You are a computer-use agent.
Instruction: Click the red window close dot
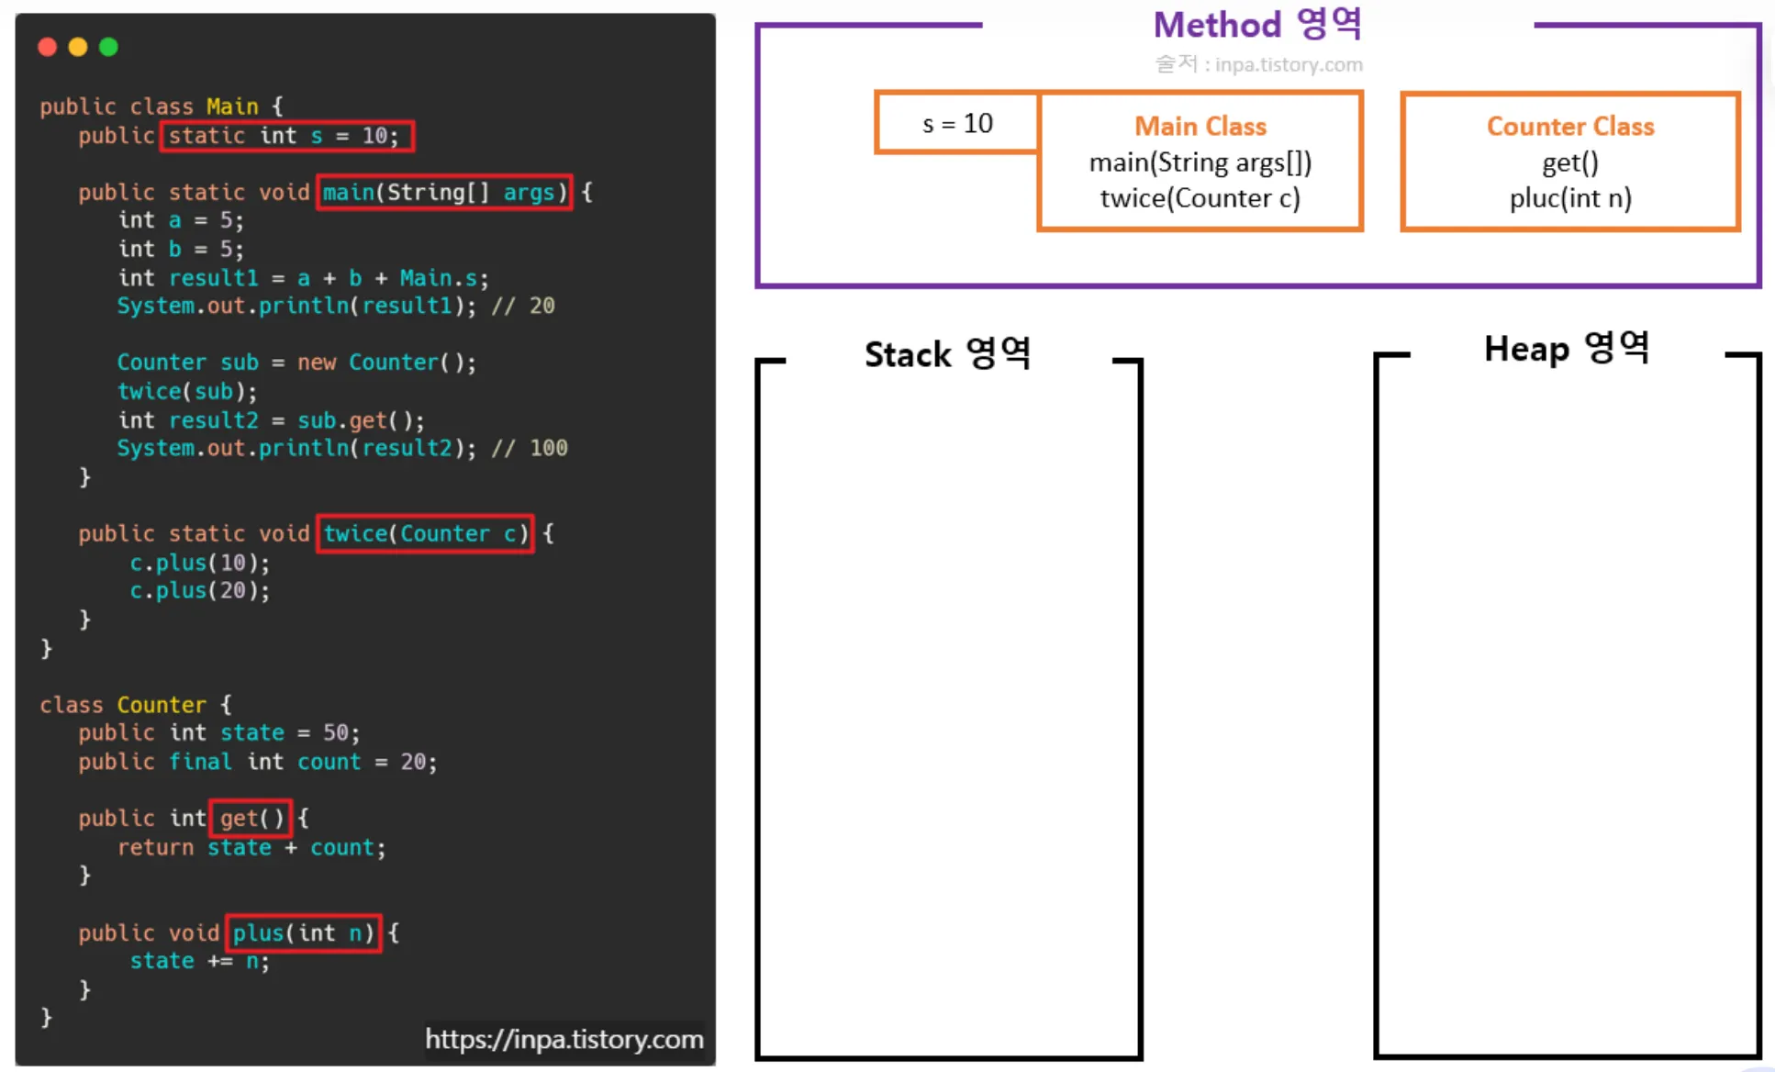click(x=48, y=47)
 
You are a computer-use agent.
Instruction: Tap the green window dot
click(x=108, y=47)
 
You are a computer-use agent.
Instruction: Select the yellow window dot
click(x=78, y=47)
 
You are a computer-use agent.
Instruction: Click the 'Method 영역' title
click(x=1256, y=25)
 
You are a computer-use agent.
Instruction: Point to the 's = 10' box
click(x=957, y=123)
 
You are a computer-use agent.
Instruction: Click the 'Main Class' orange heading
click(x=1200, y=127)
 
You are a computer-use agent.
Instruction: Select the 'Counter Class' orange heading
click(x=1569, y=127)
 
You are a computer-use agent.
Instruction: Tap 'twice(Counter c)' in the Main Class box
click(x=1200, y=198)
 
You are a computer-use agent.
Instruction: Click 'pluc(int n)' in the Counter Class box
click(x=1569, y=198)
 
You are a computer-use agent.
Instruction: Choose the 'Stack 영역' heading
click(x=947, y=354)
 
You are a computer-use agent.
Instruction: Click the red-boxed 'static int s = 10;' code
click(x=286, y=136)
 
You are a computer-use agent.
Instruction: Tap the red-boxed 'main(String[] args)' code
click(x=444, y=193)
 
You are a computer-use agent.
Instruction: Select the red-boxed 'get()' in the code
click(x=251, y=818)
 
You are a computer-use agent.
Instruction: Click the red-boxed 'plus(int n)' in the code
click(x=303, y=933)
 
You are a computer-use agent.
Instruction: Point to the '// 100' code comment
click(x=530, y=448)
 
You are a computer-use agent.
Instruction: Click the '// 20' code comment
click(x=523, y=306)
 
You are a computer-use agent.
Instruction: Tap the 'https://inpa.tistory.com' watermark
click(x=564, y=1039)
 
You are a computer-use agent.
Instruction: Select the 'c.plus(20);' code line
click(x=199, y=590)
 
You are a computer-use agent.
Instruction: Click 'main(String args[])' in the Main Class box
click(x=1200, y=162)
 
